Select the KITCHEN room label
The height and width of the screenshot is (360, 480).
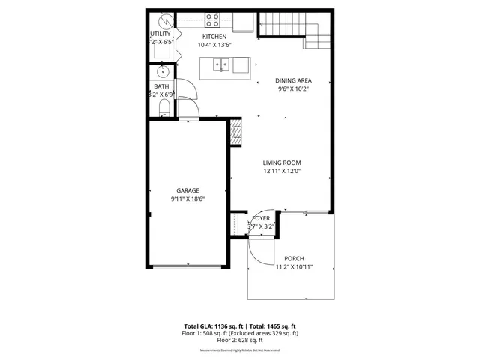click(x=214, y=37)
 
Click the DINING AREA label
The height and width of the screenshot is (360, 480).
click(x=293, y=80)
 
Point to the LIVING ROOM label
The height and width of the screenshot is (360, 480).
click(x=281, y=163)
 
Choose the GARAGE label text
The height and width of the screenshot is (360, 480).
click(x=187, y=190)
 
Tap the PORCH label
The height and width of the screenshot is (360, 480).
click(x=294, y=258)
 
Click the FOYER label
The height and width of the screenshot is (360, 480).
click(x=261, y=218)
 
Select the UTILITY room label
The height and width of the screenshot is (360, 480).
click(x=160, y=34)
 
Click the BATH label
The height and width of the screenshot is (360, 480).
click(x=162, y=86)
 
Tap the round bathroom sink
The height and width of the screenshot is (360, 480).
click(x=163, y=73)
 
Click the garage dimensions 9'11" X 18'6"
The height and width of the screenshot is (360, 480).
click(x=187, y=199)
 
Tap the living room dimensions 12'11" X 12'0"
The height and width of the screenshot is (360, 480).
click(x=281, y=172)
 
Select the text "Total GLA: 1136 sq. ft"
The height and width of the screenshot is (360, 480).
click(x=213, y=326)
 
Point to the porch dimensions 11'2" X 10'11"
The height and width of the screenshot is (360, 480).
click(x=294, y=267)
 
